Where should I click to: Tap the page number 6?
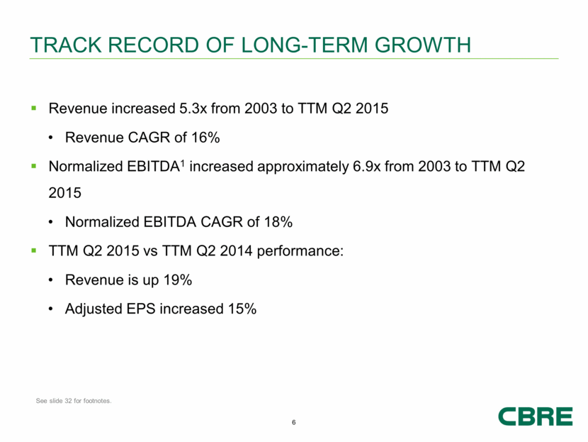click(x=293, y=424)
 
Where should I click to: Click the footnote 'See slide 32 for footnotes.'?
click(x=74, y=402)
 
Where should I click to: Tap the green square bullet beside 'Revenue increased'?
click(x=35, y=111)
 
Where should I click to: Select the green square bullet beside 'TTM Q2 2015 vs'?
click(x=35, y=251)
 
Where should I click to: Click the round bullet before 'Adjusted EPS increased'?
click(x=54, y=310)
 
